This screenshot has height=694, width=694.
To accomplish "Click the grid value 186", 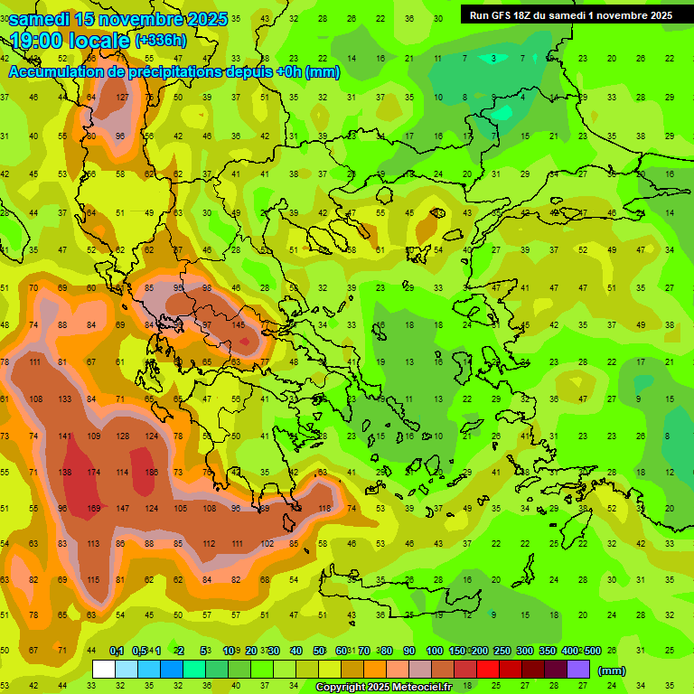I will point(151,473).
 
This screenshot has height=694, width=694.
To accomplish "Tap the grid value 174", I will point(94,473).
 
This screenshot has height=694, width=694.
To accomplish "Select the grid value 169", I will point(94,508).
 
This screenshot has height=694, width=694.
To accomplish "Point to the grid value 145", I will point(239,324).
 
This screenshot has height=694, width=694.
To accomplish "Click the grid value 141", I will point(65,436).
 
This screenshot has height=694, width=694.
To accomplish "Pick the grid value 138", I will point(65,473).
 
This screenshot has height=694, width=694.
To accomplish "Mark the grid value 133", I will point(65,399).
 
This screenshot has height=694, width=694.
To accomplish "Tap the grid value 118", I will point(324,508).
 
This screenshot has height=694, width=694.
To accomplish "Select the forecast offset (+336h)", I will point(161,41).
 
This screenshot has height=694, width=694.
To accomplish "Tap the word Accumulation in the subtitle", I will point(57,72).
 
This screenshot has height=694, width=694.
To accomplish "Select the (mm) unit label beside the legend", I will point(612,671).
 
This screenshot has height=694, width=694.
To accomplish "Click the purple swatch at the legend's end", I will point(578,669).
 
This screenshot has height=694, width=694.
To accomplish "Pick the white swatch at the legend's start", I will point(103,669).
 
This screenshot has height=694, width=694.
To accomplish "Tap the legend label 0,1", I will point(117,651).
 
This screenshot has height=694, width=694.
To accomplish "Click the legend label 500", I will point(591,651).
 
